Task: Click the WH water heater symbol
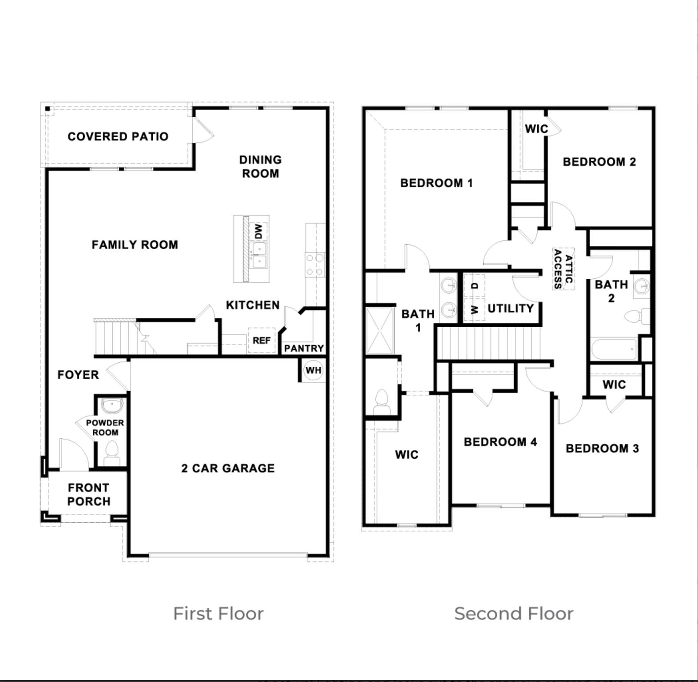pos(313,370)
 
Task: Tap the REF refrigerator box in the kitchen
pos(262,340)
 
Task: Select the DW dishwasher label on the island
pos(259,231)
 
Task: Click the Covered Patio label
pos(118,136)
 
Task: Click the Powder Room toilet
pos(112,453)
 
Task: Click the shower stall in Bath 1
pos(380,330)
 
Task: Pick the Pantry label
pos(304,348)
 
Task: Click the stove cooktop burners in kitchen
pos(314,264)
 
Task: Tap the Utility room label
pos(511,308)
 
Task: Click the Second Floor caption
pos(514,613)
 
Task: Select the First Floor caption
pos(218,613)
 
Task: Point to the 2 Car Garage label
pos(228,468)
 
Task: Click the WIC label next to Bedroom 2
pos(536,129)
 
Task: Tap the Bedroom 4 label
pos(500,442)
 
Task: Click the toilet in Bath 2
pos(635,317)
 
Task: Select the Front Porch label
pos(89,494)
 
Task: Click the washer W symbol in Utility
pos(475,309)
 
